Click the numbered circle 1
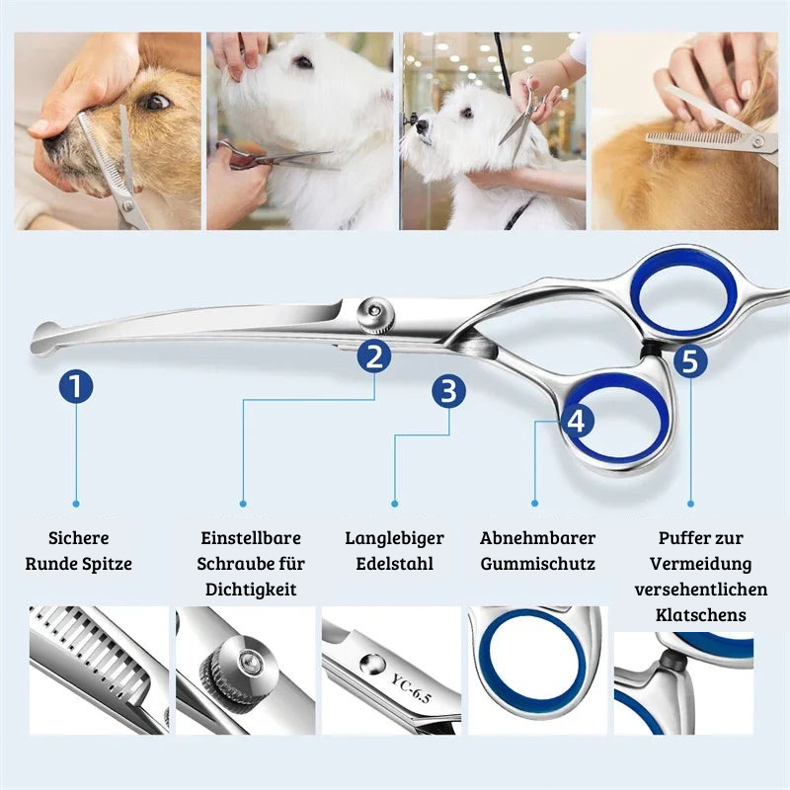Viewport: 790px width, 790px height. pos(76,386)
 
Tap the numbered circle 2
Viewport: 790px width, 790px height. pos(374,356)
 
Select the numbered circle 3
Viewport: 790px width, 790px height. pos(448,391)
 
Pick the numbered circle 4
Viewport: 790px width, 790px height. pos(577,421)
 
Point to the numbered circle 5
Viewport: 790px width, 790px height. pos(689,361)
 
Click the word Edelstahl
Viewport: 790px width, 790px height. pos(394,563)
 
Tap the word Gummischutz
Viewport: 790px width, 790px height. pos(537,563)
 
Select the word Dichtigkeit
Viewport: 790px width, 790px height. pos(251,589)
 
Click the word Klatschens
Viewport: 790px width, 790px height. pos(700,614)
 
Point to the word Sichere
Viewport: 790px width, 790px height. pos(79,537)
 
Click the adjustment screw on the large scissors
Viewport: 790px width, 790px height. pos(375,315)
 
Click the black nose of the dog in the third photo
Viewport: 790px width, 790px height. pos(423,126)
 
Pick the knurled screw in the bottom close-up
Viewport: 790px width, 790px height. pos(236,668)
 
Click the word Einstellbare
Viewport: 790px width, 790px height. pos(251,537)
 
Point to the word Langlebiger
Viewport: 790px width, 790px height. pos(394,537)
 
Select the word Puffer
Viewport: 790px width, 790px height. pos(678,537)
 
